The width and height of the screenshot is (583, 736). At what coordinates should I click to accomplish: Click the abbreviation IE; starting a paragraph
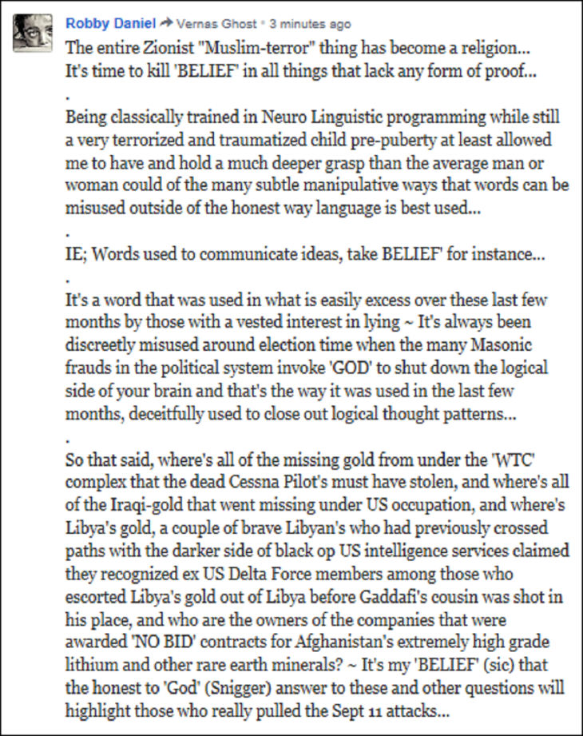point(77,253)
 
